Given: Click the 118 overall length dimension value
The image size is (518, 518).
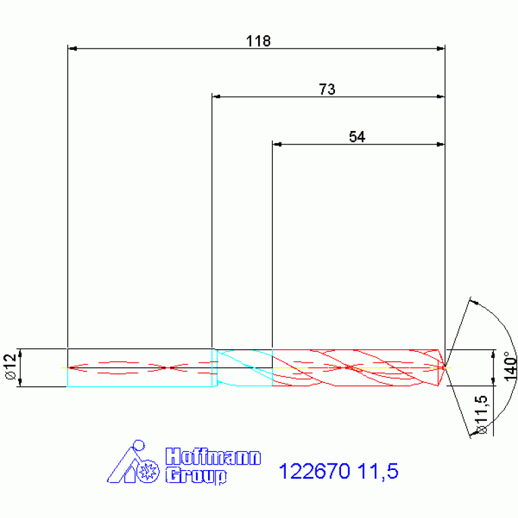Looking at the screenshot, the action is coord(259,41).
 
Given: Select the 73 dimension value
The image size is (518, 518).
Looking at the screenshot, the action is coord(327,89).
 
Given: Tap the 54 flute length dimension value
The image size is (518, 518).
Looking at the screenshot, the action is coord(357,137).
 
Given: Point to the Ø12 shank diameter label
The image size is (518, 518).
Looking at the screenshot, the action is coord(11,367).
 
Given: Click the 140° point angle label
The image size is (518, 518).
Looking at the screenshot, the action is coord(511,366).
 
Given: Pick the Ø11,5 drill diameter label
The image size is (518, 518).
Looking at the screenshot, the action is coord(482,415).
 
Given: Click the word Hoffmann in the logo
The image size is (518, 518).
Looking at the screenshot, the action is coord(213,457).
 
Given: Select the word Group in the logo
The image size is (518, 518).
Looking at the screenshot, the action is coord(196,475).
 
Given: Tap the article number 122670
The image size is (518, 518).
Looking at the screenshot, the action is coord(315,471).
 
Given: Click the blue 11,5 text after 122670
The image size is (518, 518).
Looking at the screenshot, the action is coord(378,471).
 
